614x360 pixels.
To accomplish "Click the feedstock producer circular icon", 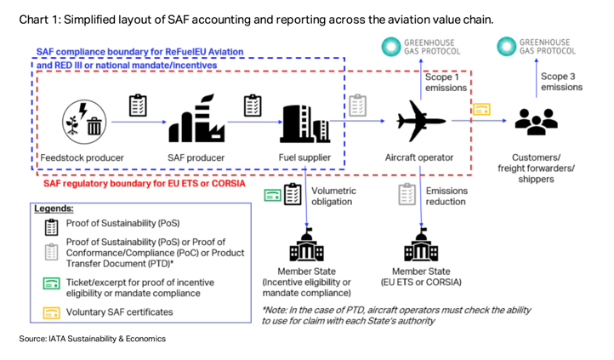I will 83,122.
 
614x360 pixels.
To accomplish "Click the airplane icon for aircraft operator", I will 418,120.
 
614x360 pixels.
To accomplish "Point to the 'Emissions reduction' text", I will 446,197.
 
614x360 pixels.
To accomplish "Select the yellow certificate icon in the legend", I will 52,312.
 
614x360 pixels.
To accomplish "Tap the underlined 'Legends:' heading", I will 54,208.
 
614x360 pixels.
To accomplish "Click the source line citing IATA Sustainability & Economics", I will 94,339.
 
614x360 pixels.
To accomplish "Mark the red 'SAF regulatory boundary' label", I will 144,182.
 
